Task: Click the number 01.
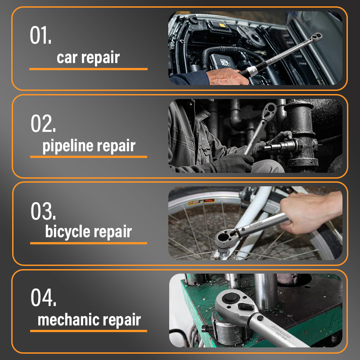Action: [x=40, y=35]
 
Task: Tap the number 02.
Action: [x=43, y=123]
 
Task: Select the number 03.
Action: [x=43, y=211]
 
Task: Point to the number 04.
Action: [x=43, y=297]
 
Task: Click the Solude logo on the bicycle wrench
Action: [x=256, y=224]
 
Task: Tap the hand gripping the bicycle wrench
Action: [x=308, y=211]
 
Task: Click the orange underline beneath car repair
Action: [x=88, y=69]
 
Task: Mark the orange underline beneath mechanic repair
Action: [x=89, y=331]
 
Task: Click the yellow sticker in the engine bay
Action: [x=222, y=25]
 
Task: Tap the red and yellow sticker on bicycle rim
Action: [x=202, y=202]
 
